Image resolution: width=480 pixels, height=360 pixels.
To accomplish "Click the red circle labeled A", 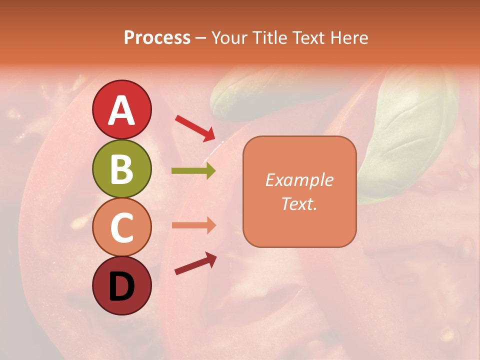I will [x=121, y=109].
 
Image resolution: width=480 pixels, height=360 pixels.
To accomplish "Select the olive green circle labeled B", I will [x=121, y=168].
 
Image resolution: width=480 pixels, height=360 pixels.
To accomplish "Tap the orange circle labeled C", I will [x=121, y=227].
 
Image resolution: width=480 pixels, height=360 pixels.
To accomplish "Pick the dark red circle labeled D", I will [x=121, y=286].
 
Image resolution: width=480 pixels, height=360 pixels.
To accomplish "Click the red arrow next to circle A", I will [x=195, y=127].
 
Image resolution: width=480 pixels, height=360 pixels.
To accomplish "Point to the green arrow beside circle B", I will [x=193, y=171].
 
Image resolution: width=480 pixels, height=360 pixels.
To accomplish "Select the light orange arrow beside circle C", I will [x=193, y=225].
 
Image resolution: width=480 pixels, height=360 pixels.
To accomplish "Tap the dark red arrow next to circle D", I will [x=195, y=263].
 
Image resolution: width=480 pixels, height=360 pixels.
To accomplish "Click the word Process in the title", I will [x=157, y=38].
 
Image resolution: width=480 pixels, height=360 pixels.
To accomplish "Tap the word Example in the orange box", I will [x=299, y=180].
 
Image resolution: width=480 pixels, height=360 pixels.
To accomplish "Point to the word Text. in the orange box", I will [x=299, y=203].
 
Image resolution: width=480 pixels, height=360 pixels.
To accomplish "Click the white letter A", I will [x=121, y=110].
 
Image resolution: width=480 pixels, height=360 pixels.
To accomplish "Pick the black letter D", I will [x=121, y=286].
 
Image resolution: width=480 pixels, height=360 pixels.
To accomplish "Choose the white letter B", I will [x=121, y=169].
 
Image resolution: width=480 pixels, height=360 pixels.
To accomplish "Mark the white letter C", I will [x=121, y=228].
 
